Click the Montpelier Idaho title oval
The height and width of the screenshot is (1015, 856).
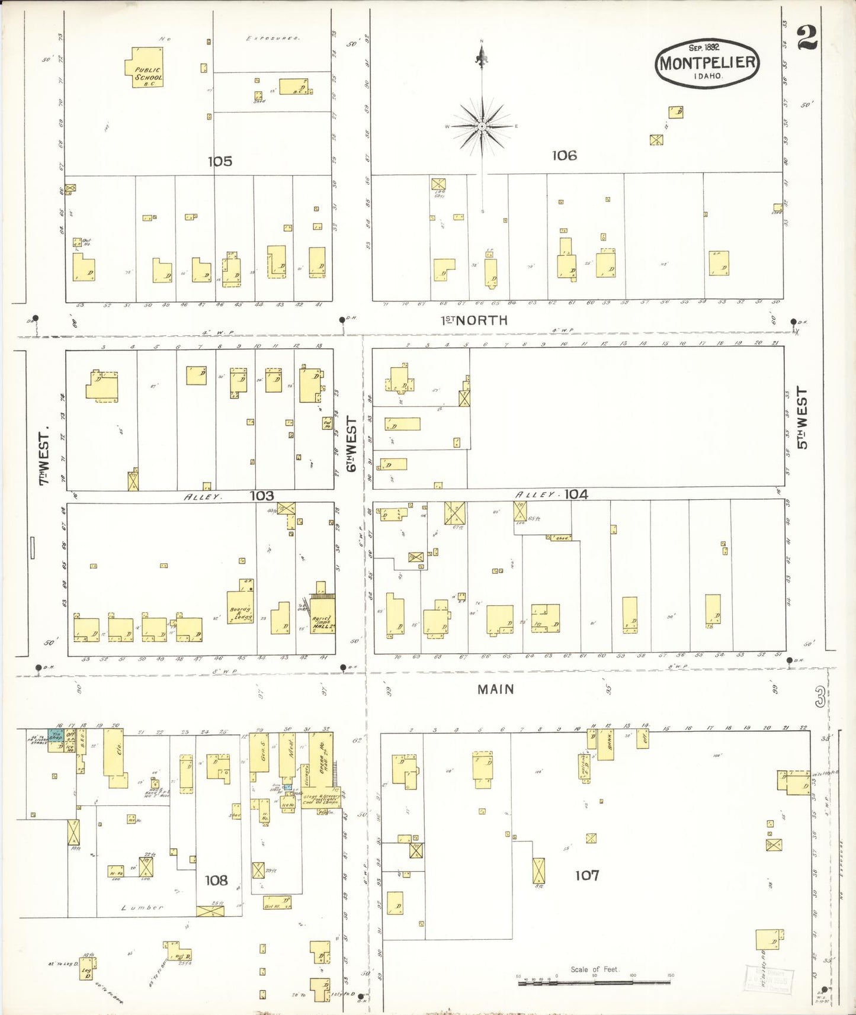[x=707, y=63]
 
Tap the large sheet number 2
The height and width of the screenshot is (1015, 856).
[x=807, y=38]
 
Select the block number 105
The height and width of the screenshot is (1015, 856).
[x=220, y=161]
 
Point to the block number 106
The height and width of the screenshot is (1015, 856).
[x=564, y=155]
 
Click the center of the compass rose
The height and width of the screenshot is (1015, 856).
[x=482, y=126]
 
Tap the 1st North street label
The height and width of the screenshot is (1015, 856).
[x=473, y=320]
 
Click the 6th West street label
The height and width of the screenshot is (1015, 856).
[x=352, y=444]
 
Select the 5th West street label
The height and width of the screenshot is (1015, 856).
[x=802, y=418]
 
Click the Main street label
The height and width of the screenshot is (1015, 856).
[x=496, y=689]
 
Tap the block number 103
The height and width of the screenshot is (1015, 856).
[x=261, y=496]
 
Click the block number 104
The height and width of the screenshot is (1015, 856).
[x=576, y=494]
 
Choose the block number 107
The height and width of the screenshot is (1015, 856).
[x=586, y=875]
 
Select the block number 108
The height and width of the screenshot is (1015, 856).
[x=216, y=880]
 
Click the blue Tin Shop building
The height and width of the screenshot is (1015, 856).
[x=56, y=736]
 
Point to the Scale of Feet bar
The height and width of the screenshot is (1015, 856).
[x=594, y=982]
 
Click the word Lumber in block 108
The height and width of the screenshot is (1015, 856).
[x=142, y=907]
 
